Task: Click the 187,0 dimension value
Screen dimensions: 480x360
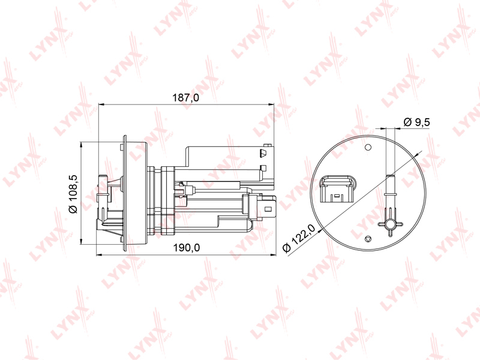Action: (185, 98)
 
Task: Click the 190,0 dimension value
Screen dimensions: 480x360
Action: (187, 247)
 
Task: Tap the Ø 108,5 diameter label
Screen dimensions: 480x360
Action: (73, 194)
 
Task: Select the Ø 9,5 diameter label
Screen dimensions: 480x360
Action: (416, 122)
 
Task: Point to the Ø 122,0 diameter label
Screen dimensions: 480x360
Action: (299, 238)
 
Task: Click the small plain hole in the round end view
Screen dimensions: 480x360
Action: (368, 147)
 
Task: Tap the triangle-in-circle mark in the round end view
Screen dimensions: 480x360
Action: (368, 238)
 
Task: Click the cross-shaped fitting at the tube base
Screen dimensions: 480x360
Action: (391, 224)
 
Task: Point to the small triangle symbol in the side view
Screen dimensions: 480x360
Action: (263, 153)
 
